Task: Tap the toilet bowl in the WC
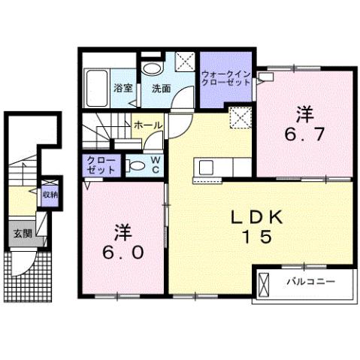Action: [138, 165]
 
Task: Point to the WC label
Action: [155, 165]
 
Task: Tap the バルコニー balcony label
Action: [312, 284]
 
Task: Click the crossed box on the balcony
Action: [265, 285]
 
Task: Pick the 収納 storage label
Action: [50, 195]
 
